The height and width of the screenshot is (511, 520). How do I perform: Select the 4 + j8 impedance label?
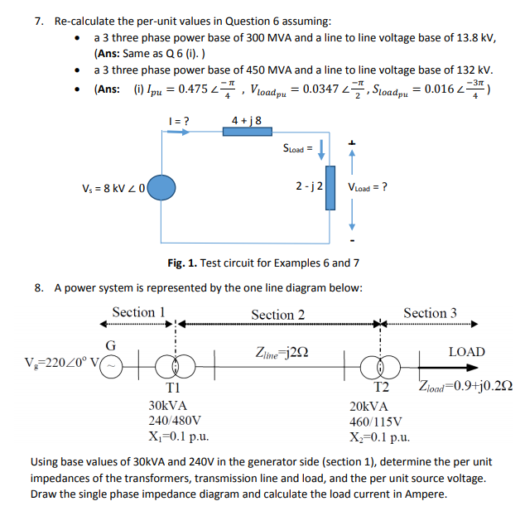pos(248,120)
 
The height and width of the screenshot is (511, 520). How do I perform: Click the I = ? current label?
pos(178,120)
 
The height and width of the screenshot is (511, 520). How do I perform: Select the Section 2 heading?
pos(277,314)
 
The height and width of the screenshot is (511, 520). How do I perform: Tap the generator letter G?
pos(109,344)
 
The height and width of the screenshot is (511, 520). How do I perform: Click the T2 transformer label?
pos(381,387)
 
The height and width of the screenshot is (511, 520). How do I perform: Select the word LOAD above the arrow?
pos(466,352)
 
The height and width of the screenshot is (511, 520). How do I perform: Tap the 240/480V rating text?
pos(174,421)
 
